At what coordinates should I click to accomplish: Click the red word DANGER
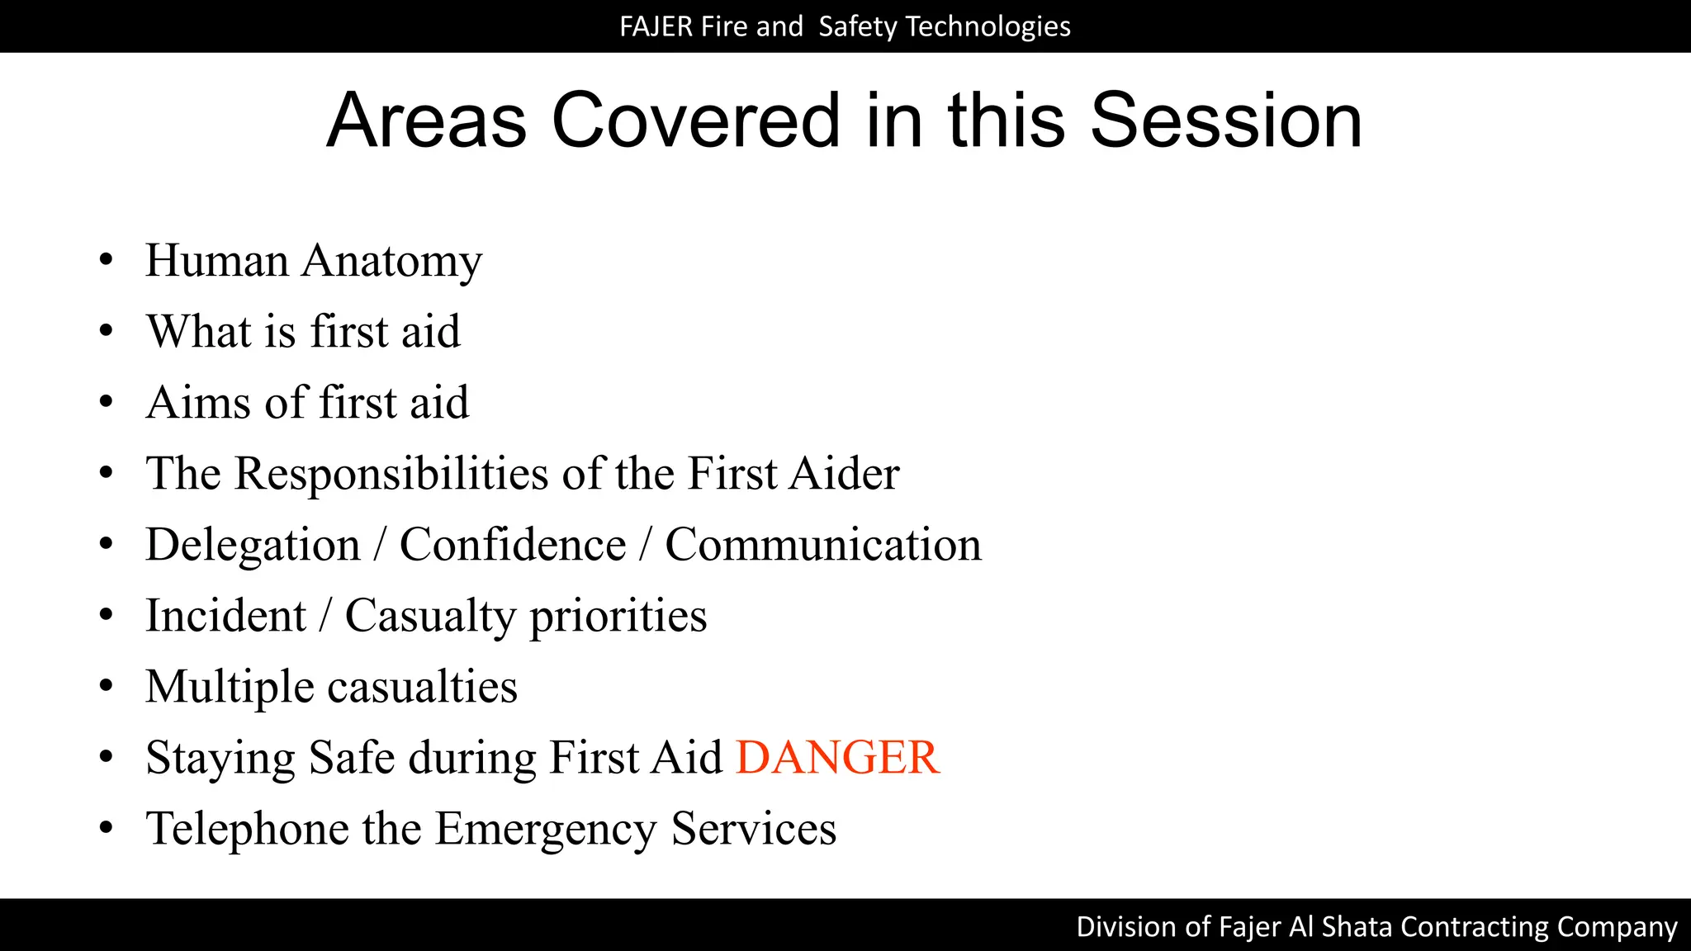pos(837,758)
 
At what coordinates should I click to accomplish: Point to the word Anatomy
pos(391,263)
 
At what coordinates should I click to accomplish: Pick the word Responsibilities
pos(392,474)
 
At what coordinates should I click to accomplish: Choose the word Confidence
pos(513,545)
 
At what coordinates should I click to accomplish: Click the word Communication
pos(823,545)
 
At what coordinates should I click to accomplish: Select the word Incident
pos(225,616)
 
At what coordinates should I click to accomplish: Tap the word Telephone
pos(247,830)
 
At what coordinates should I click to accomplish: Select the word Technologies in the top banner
pos(988,26)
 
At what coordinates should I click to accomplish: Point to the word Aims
pos(198,403)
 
